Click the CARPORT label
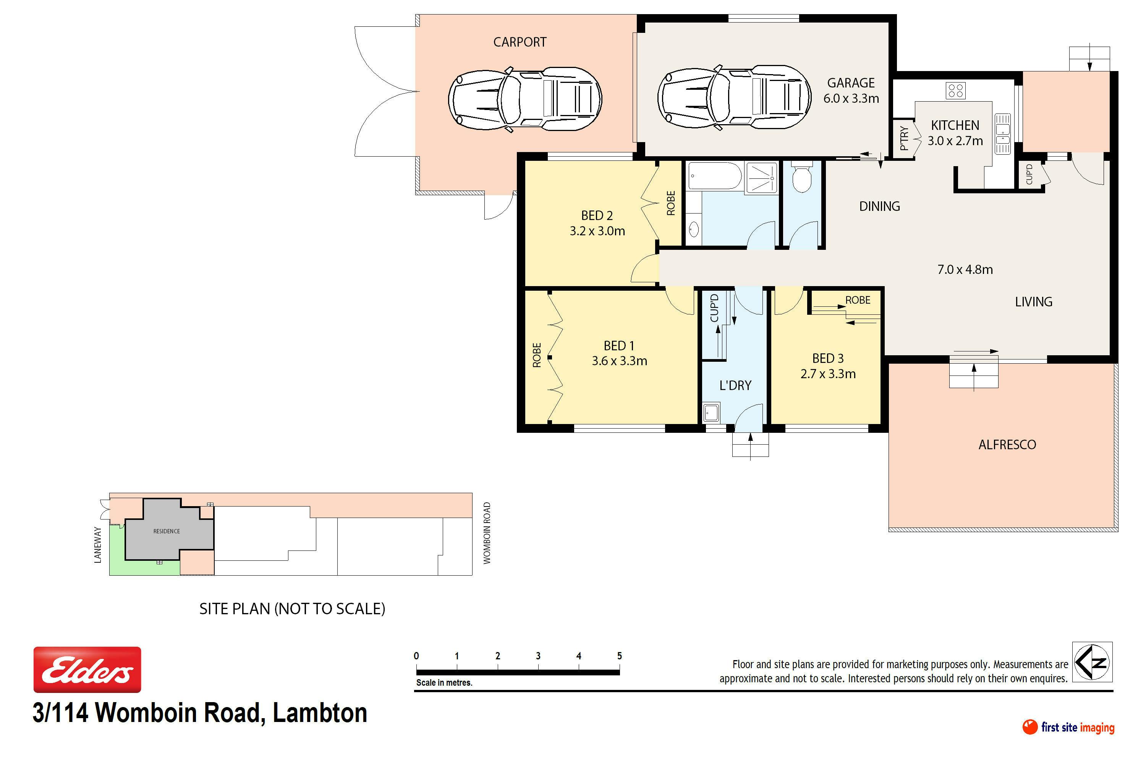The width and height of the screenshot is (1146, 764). (520, 42)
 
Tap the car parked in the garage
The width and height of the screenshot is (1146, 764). (734, 97)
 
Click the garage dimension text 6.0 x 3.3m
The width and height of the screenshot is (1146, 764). (851, 99)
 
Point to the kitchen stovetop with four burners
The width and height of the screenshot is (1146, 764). (955, 90)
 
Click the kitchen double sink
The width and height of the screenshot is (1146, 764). (1002, 133)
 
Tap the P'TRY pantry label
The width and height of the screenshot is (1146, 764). (903, 138)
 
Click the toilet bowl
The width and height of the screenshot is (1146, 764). (801, 176)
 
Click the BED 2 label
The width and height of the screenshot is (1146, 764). (597, 215)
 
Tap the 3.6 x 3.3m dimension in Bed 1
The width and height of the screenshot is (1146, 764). (619, 361)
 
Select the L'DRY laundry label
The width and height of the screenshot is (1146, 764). (735, 385)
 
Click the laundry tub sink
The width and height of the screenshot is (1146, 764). (711, 412)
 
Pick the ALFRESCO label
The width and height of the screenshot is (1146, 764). (1007, 444)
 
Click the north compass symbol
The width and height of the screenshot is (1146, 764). (1093, 662)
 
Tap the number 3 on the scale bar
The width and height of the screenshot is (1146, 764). (538, 656)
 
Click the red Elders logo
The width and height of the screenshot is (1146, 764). (87, 670)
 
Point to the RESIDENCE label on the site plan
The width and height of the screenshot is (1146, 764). (167, 531)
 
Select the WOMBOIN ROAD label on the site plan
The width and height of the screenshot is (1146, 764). (487, 533)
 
